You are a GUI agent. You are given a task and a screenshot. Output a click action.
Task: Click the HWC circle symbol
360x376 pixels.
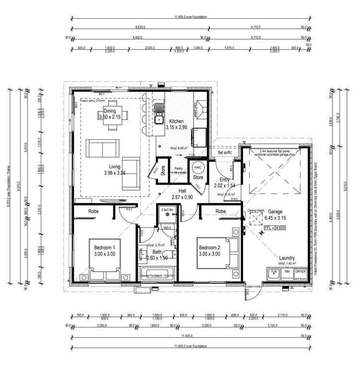point(198,168)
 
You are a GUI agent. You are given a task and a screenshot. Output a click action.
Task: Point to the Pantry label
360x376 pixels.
point(180,170)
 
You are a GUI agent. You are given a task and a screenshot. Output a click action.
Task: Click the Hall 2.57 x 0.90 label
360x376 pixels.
point(182,194)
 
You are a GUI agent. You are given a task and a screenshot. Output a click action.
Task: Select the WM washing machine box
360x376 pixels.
point(287,272)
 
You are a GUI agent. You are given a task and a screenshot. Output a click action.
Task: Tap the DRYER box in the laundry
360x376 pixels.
point(300,272)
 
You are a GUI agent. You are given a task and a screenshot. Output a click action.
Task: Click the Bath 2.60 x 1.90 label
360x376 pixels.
point(157,255)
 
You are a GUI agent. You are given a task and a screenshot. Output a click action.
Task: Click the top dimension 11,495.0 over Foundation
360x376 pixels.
point(191,17)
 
